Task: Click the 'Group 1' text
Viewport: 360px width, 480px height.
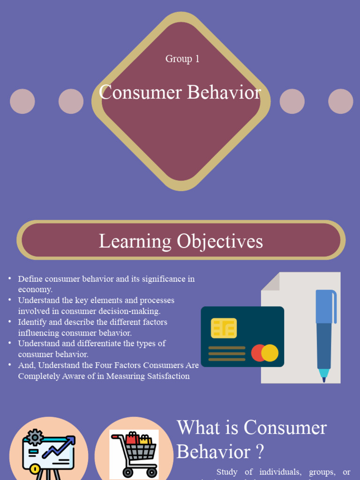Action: [182, 59]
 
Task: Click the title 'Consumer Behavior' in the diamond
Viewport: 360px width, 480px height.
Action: [180, 92]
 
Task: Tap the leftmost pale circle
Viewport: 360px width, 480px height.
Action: [22, 101]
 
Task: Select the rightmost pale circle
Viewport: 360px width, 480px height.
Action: [340, 101]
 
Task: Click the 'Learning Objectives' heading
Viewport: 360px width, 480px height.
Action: [180, 241]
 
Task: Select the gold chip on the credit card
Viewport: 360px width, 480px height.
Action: [224, 328]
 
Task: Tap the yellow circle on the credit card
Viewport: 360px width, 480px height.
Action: [270, 353]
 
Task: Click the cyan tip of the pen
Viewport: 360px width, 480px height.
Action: [323, 374]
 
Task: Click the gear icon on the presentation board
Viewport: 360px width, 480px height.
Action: [34, 437]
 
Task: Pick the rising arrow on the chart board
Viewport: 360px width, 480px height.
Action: [59, 446]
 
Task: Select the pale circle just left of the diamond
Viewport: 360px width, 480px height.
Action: [71, 101]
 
